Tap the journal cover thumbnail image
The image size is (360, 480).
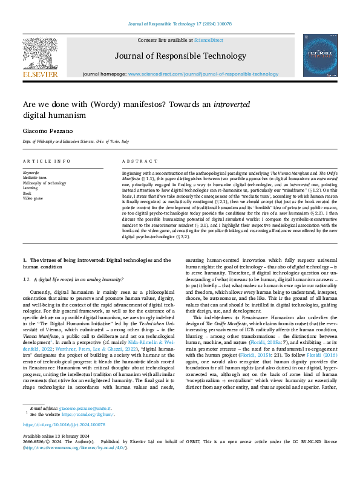tap(320, 55)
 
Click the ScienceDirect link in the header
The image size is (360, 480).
tap(209, 40)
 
